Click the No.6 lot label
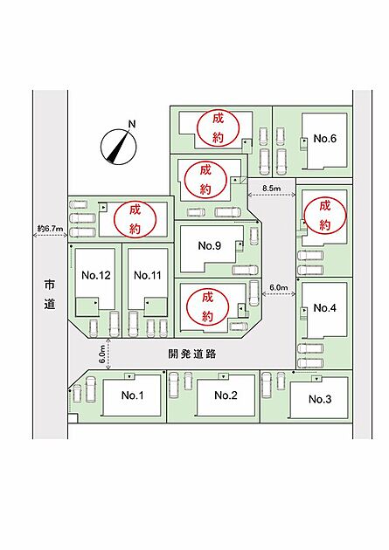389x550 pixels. tap(325, 139)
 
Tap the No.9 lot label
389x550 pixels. tap(210, 245)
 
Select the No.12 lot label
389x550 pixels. tap(96, 275)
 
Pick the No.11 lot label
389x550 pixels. tap(148, 275)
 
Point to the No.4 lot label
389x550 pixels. tap(325, 308)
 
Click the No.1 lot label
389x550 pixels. tap(132, 395)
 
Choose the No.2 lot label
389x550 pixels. tap(226, 395)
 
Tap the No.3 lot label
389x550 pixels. tap(320, 399)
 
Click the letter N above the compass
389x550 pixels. tap(132, 124)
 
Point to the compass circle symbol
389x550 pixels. tap(118, 147)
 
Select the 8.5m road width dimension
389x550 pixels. tap(272, 189)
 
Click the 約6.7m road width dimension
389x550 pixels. tap(50, 229)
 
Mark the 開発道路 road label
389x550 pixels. tap(191, 354)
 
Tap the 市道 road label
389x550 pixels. tap(50, 294)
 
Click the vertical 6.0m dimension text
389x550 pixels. tap(102, 354)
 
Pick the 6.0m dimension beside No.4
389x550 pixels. tap(278, 287)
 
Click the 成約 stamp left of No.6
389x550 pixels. tap(218, 128)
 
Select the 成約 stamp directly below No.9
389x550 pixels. tap(207, 307)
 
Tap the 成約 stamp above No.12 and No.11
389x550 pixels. tap(135, 219)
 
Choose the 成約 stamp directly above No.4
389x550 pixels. tap(325, 215)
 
